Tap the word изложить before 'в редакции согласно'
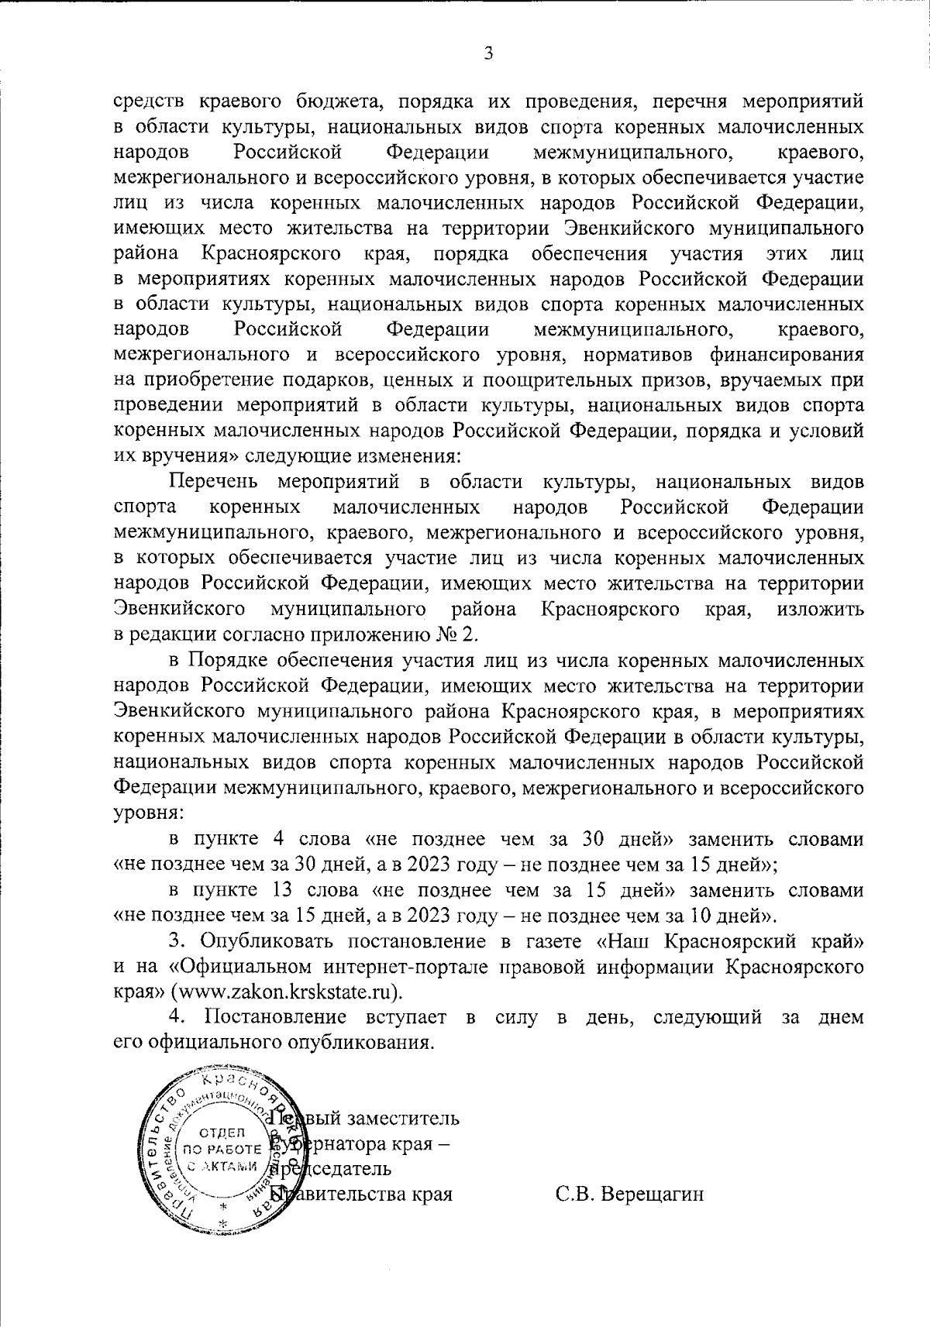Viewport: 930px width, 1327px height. point(819,609)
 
